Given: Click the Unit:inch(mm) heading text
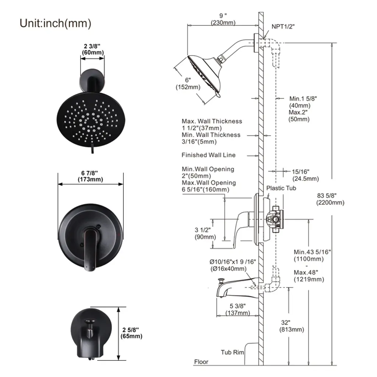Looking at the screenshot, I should coord(55,23).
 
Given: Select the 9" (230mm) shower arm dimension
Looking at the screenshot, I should coord(223,20).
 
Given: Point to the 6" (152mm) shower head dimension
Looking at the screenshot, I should coord(188,84).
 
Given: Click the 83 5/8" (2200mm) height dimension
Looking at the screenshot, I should coord(330,199).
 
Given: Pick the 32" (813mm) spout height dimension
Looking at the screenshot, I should coord(292,326).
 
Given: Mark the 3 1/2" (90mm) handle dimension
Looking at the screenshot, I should coord(205,233).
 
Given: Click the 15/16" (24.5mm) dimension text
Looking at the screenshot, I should coord(305,175).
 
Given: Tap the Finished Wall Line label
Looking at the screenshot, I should coord(208,155).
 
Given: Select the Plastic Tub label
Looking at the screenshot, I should coord(281,188).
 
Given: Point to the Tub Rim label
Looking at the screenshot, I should coord(232,352).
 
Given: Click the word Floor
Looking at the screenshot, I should coord(201,362).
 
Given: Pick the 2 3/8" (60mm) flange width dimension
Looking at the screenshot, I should coord(92,49).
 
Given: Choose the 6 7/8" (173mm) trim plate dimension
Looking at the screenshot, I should coord(90,176).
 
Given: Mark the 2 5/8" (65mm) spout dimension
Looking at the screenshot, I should coord(131,333).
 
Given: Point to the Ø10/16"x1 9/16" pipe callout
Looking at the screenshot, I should coord(232,265).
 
